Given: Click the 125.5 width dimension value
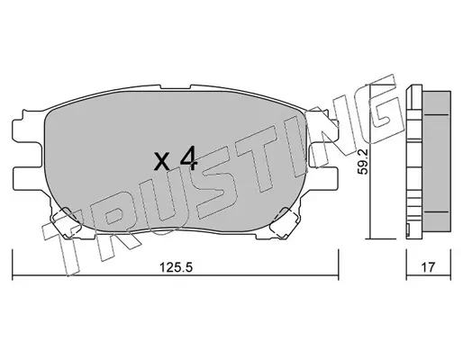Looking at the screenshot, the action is click(176, 266).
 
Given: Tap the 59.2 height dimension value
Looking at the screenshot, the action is click(364, 162).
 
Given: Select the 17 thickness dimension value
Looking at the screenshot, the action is click(428, 266).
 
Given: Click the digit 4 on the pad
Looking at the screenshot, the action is click(188, 158).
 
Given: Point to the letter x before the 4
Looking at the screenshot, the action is click(162, 161).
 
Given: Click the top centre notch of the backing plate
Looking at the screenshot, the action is click(176, 87).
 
